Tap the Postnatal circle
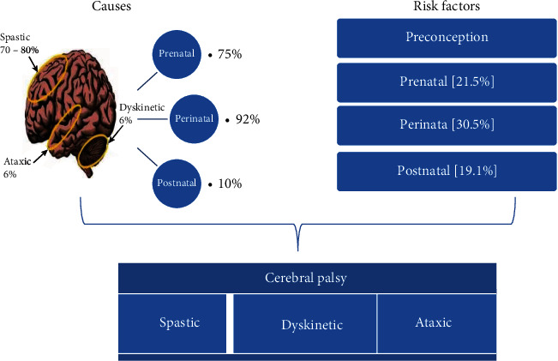179,183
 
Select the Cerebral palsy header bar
308,279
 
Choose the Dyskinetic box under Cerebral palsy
312,325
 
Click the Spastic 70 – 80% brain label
19,44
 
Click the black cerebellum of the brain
93,147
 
